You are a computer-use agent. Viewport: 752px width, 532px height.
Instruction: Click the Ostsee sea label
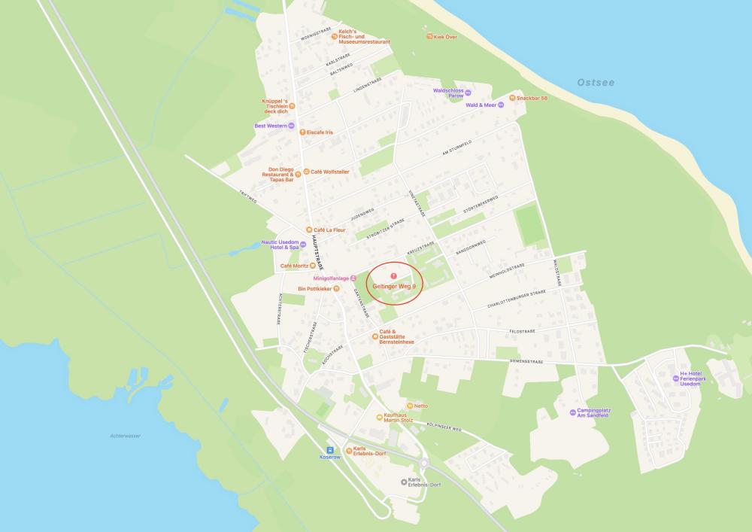click(x=596, y=82)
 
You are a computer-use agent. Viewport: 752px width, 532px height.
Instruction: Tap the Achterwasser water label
click(x=126, y=436)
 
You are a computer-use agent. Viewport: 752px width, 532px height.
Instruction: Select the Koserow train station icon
click(x=329, y=449)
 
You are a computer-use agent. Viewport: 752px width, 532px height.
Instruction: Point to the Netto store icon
click(x=410, y=406)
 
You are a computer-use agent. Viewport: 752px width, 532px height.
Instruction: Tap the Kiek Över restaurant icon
click(x=429, y=36)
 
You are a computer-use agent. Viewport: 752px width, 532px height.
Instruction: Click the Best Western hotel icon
click(x=291, y=126)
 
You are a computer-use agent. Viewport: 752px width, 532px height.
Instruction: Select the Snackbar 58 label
click(x=532, y=98)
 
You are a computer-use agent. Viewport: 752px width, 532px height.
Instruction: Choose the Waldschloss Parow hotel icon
click(x=468, y=93)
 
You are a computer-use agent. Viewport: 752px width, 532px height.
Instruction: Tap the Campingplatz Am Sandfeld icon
click(x=573, y=412)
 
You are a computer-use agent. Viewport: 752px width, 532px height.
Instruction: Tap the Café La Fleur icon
click(x=308, y=230)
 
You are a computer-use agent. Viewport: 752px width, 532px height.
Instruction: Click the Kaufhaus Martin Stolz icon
click(x=380, y=418)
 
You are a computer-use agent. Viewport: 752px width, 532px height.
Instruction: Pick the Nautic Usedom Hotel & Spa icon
click(x=303, y=244)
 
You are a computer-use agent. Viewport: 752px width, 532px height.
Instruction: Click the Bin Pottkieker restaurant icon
click(x=337, y=288)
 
